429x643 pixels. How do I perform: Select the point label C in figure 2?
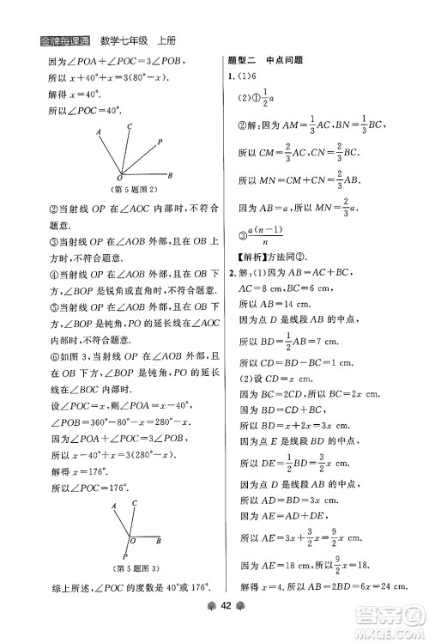[129, 125]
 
